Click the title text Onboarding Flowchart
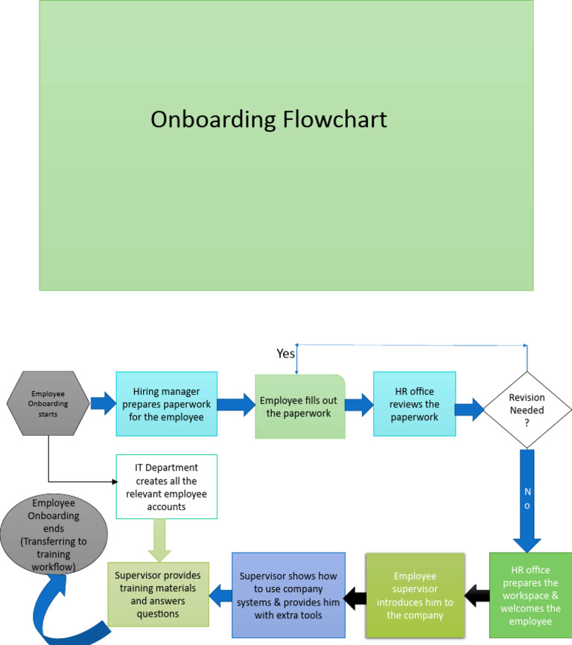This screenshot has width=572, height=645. [x=269, y=119]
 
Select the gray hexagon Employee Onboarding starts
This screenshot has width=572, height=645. [x=48, y=404]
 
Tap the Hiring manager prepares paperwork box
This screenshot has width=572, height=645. [x=167, y=404]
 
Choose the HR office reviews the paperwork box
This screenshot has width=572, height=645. [x=414, y=404]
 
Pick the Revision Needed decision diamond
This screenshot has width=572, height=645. [x=527, y=410]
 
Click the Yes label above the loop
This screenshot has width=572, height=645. [x=286, y=354]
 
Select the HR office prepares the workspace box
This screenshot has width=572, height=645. [x=530, y=594]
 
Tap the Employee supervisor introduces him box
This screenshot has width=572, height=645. [x=415, y=595]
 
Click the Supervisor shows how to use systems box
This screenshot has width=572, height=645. [x=289, y=594]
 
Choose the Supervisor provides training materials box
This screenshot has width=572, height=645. [x=158, y=594]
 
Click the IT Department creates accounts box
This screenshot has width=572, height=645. [x=167, y=486]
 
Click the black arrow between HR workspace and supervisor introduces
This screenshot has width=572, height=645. [x=477, y=595]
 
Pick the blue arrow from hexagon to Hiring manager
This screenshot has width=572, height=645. [x=103, y=404]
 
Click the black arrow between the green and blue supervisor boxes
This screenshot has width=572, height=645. [x=355, y=595]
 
